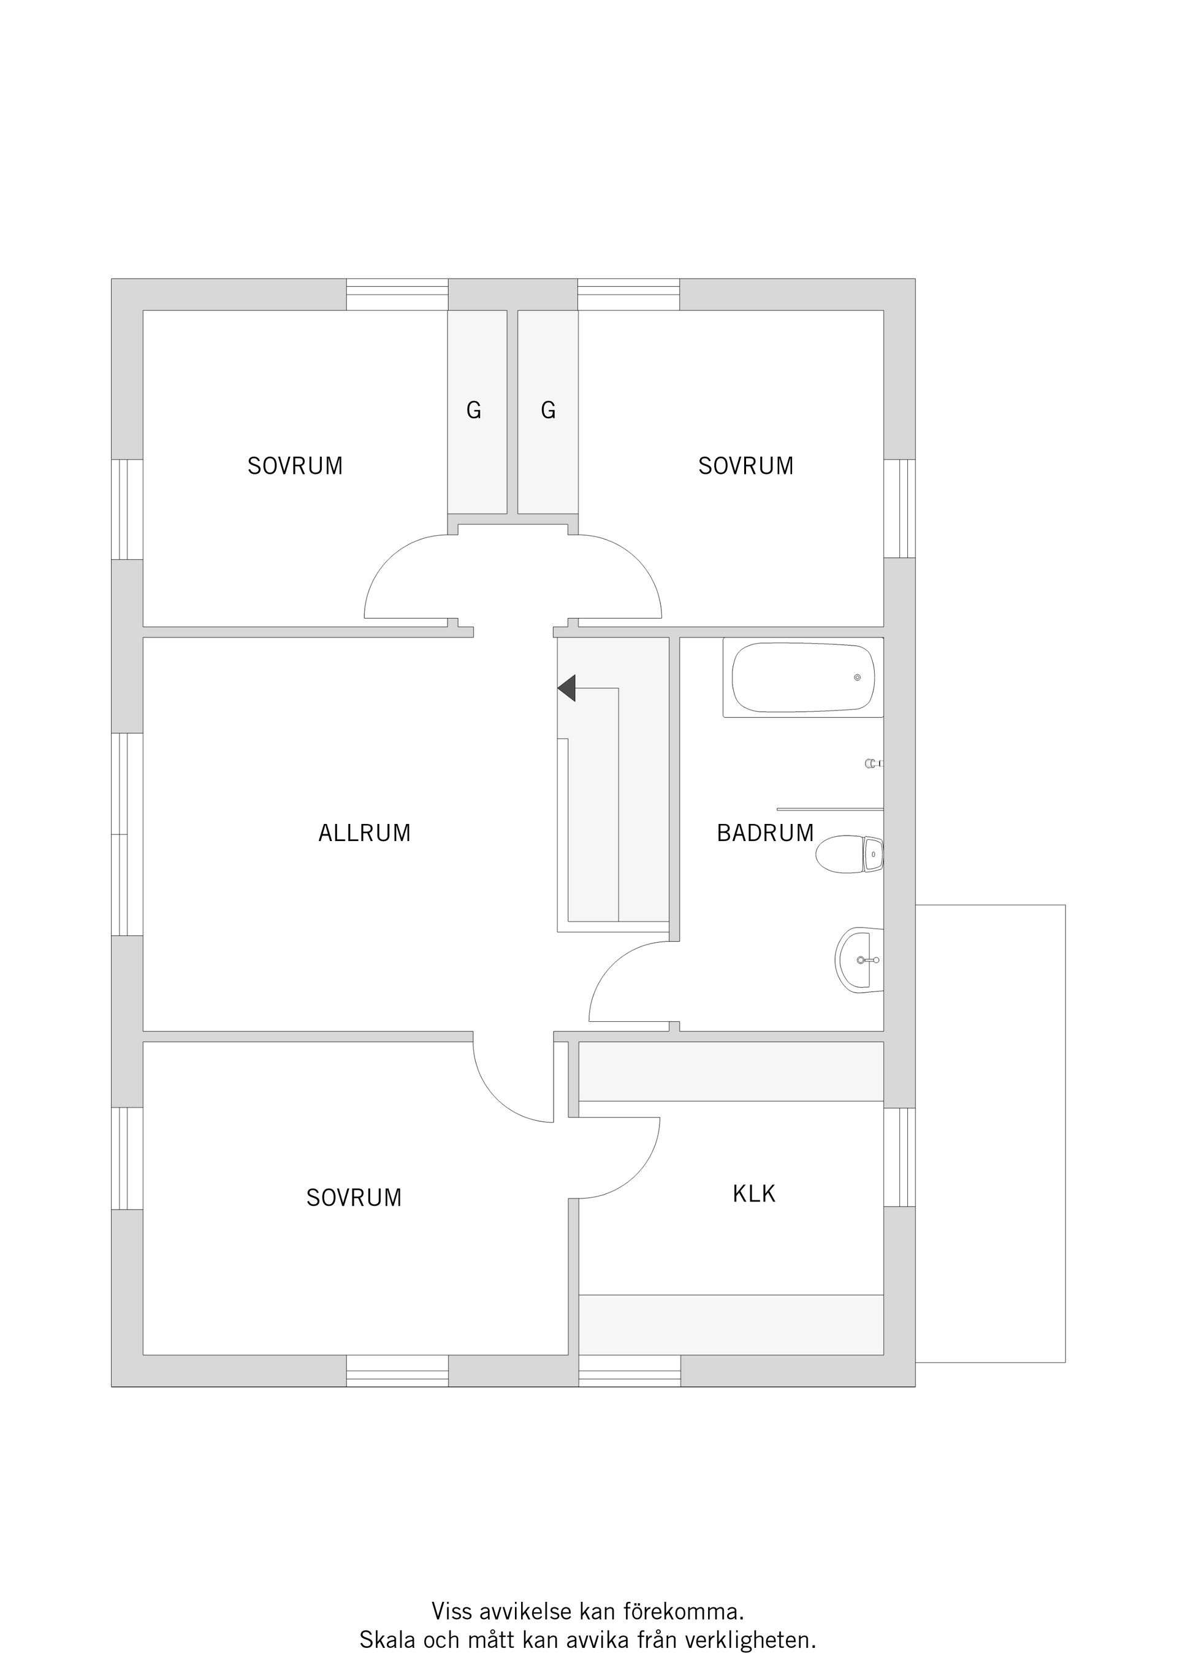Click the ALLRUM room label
[x=364, y=833]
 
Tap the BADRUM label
[x=765, y=833]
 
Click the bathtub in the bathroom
[x=803, y=678]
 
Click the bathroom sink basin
[x=859, y=960]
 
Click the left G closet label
[x=473, y=411]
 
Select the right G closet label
[x=548, y=411]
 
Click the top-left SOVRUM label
[x=295, y=465]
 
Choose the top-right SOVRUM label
[x=746, y=465]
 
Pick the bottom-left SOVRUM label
[x=354, y=1197]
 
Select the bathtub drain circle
[x=857, y=677]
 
